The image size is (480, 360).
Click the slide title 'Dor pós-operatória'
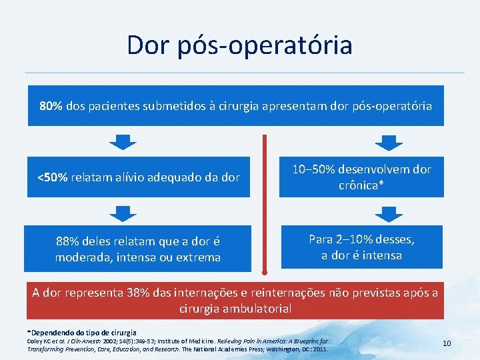click(239, 45)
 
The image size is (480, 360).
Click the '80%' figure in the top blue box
click(51, 106)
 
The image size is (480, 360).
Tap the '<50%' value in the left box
click(51, 178)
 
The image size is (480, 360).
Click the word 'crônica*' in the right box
click(362, 185)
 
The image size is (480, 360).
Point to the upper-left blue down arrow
click(122, 143)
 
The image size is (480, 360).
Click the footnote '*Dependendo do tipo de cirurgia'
click(81, 332)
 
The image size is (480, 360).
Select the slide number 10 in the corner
click(447, 343)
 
